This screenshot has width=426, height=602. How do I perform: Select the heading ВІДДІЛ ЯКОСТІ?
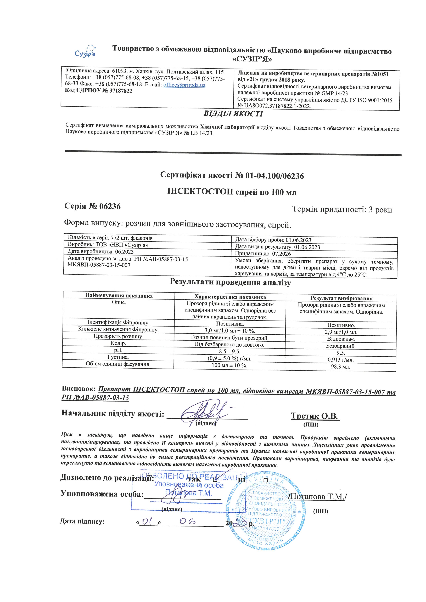pyautogui.click(x=233, y=114)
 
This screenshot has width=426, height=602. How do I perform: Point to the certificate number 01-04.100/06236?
pyautogui.click(x=274, y=176)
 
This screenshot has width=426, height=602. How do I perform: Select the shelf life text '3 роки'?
pyautogui.click(x=380, y=210)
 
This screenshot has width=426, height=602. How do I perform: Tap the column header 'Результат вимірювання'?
pyautogui.click(x=341, y=298)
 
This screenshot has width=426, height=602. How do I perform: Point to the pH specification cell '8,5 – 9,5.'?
pyautogui.click(x=230, y=351)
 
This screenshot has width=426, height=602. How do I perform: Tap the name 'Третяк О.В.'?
pyautogui.click(x=315, y=416)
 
